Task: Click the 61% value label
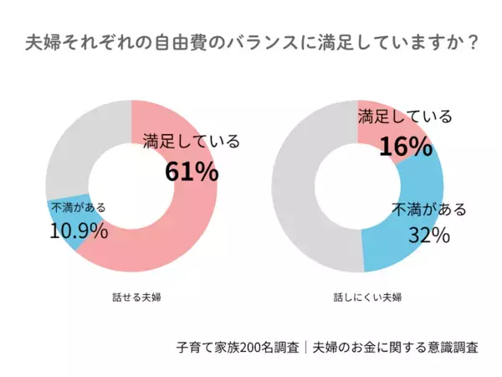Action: point(192,172)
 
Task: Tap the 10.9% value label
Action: point(79,230)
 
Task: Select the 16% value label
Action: point(406,147)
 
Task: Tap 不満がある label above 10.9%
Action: point(78,207)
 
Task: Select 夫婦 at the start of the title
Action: point(43,42)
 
